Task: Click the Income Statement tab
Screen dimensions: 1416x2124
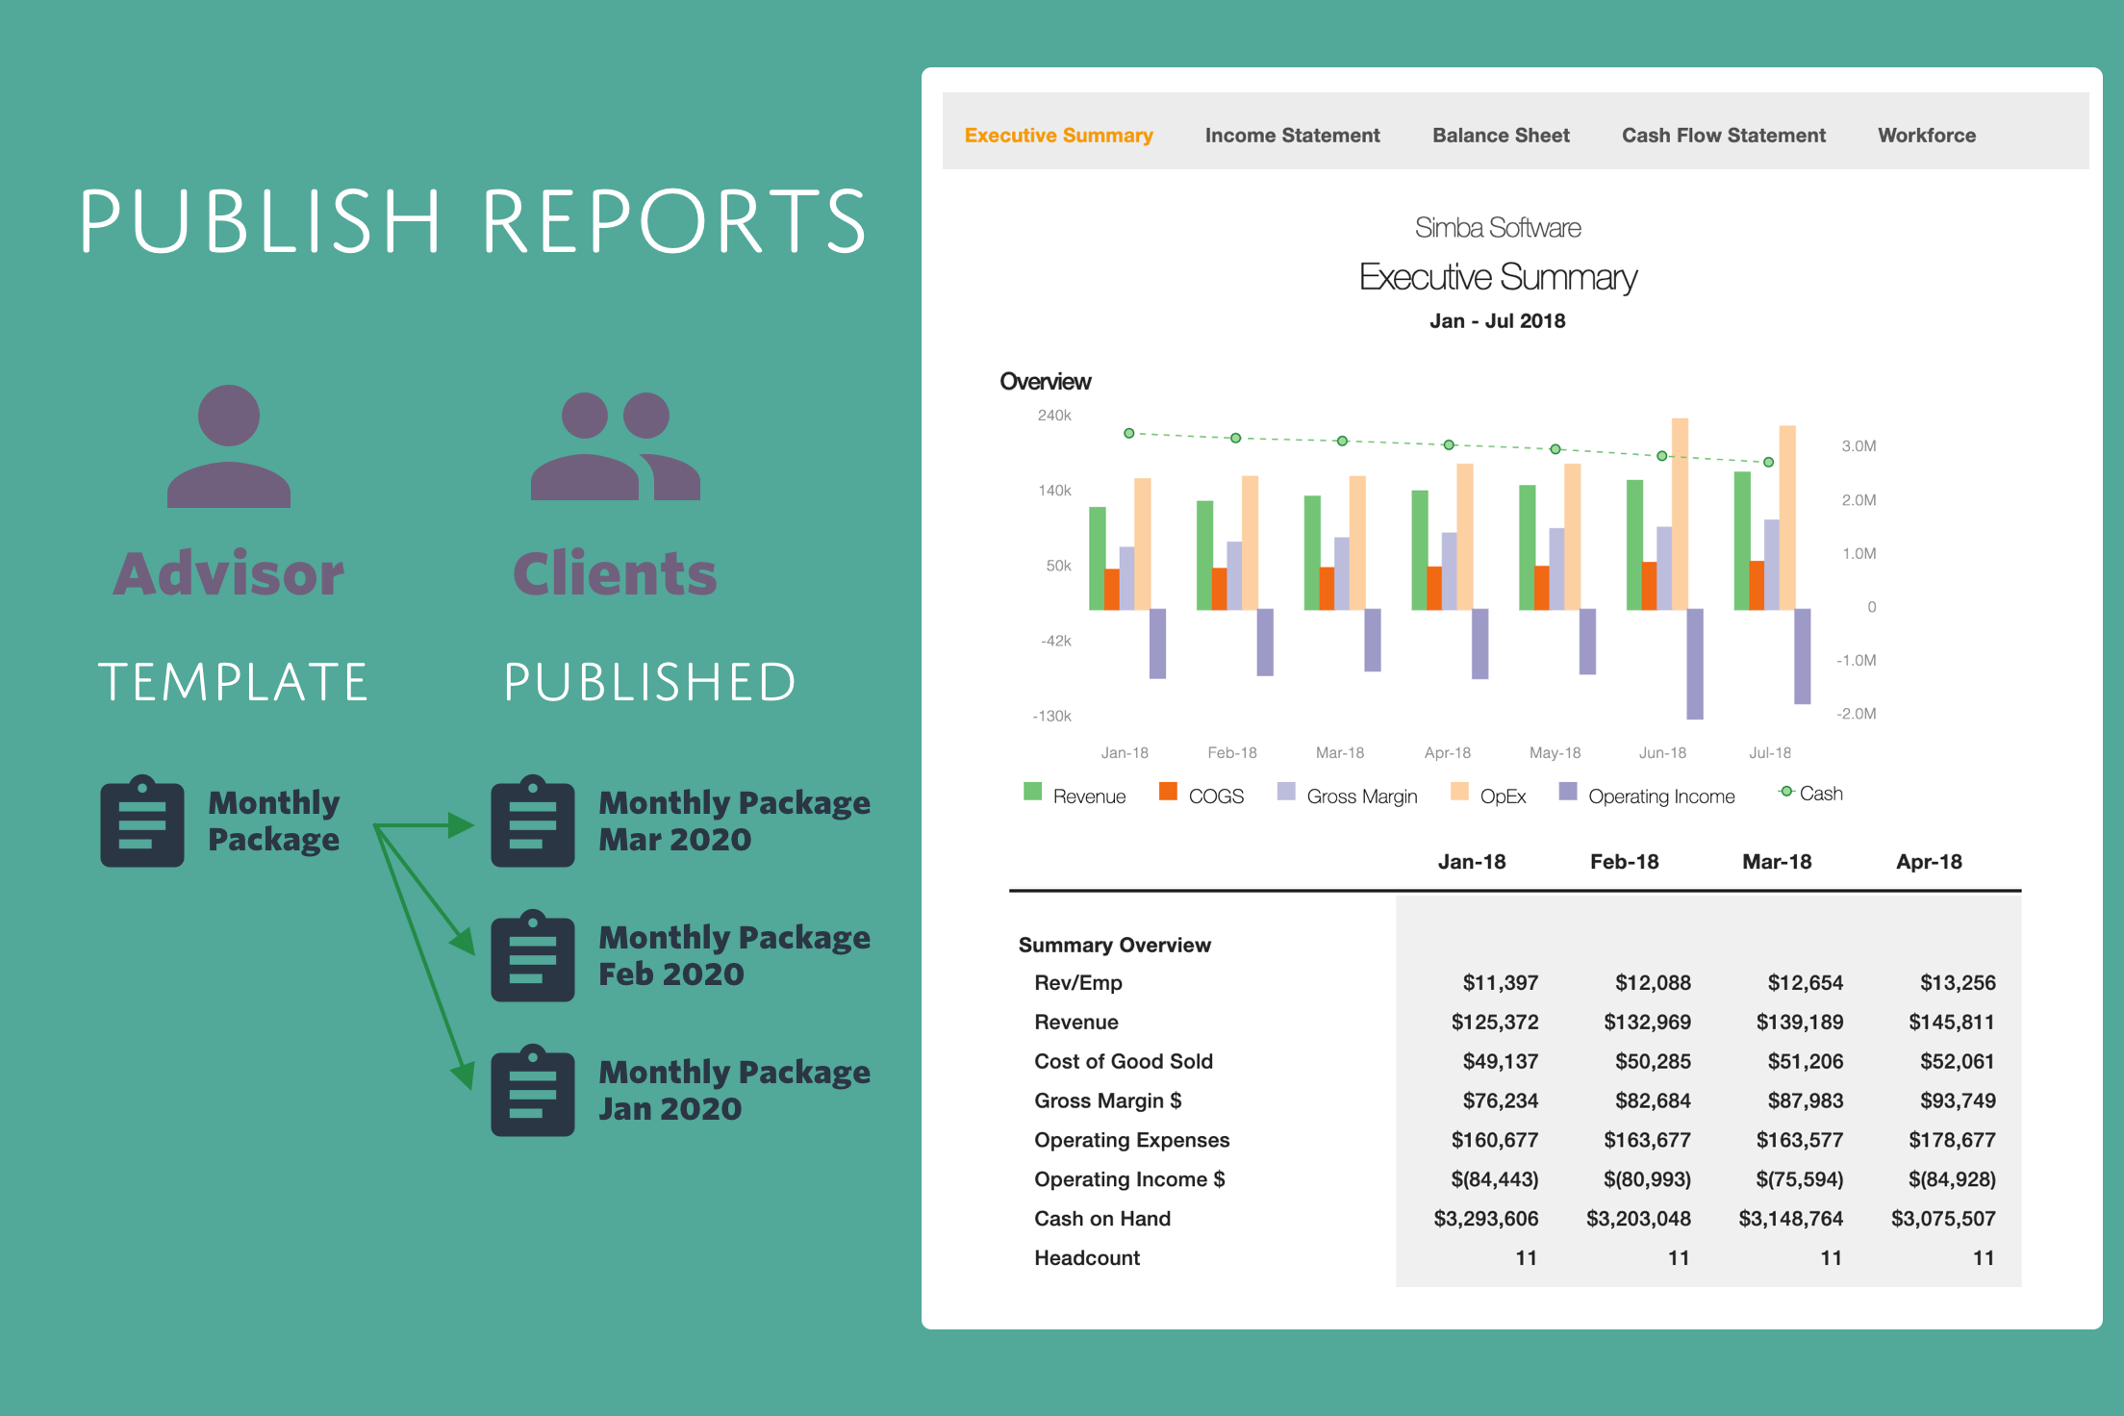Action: point(1292,136)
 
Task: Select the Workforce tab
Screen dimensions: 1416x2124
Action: point(1927,136)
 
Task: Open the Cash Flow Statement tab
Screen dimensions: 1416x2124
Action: point(1723,136)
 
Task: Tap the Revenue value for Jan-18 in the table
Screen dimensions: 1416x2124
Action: point(1495,1022)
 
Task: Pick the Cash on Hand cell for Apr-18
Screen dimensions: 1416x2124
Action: point(1943,1219)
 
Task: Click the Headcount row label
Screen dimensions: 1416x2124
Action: point(1087,1258)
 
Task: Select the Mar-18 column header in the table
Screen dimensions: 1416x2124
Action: point(1777,862)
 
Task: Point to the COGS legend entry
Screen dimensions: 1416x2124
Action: point(1202,796)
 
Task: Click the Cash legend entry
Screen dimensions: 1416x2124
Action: point(1811,794)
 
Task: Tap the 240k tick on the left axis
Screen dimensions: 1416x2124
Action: point(1054,416)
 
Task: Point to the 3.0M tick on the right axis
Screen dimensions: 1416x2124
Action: point(1858,446)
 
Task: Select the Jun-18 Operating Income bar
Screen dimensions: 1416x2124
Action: point(1695,664)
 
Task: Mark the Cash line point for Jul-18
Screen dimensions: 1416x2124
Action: point(1768,463)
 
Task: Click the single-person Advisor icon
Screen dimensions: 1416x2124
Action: point(229,446)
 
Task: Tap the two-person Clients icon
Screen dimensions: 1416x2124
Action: point(616,446)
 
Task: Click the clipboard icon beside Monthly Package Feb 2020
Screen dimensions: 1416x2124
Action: point(533,956)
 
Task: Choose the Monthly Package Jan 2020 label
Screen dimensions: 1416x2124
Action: point(734,1090)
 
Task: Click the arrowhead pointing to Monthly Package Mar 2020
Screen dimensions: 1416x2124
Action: point(462,825)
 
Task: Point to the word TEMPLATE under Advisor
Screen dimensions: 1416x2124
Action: point(234,682)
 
